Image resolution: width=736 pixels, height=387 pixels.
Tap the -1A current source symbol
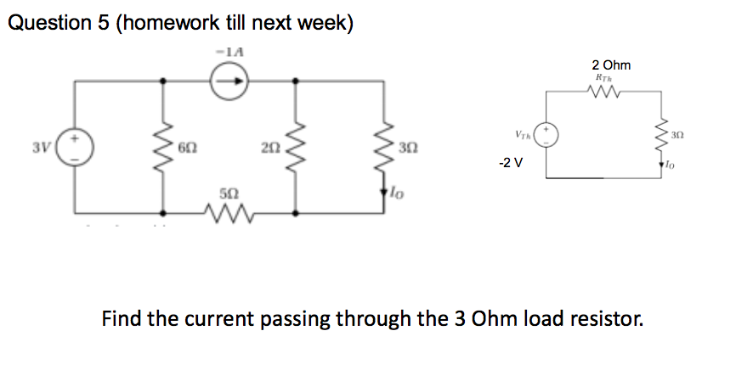pos(230,81)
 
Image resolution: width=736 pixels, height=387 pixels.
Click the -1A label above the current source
pos(229,53)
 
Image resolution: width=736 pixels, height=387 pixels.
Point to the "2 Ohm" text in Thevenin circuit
pos(611,64)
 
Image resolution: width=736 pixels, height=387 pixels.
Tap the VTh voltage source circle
pos(546,137)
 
